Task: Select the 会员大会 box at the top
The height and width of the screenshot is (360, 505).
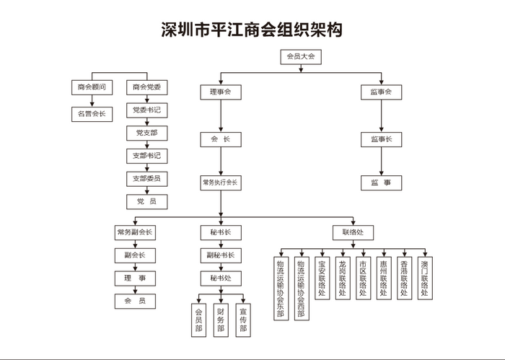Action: (x=300, y=56)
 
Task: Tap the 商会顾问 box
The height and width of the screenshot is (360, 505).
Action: (x=92, y=88)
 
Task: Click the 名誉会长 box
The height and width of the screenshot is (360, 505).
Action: (x=92, y=113)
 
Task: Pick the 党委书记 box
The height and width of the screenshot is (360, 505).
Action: (x=146, y=110)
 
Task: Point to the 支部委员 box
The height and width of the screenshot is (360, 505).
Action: (x=146, y=178)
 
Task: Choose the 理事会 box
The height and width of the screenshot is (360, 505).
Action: (x=220, y=92)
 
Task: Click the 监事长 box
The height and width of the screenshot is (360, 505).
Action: (x=381, y=139)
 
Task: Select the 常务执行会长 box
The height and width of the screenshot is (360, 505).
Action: (x=220, y=183)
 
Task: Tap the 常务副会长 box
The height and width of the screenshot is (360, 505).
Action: (x=135, y=232)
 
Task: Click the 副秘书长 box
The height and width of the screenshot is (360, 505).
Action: (x=220, y=255)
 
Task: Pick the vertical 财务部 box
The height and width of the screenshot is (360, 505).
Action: (x=221, y=319)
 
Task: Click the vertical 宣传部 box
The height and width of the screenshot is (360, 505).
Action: (x=243, y=319)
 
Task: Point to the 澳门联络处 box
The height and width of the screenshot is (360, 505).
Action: (x=426, y=278)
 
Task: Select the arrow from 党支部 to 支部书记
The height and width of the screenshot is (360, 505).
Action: (x=146, y=144)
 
